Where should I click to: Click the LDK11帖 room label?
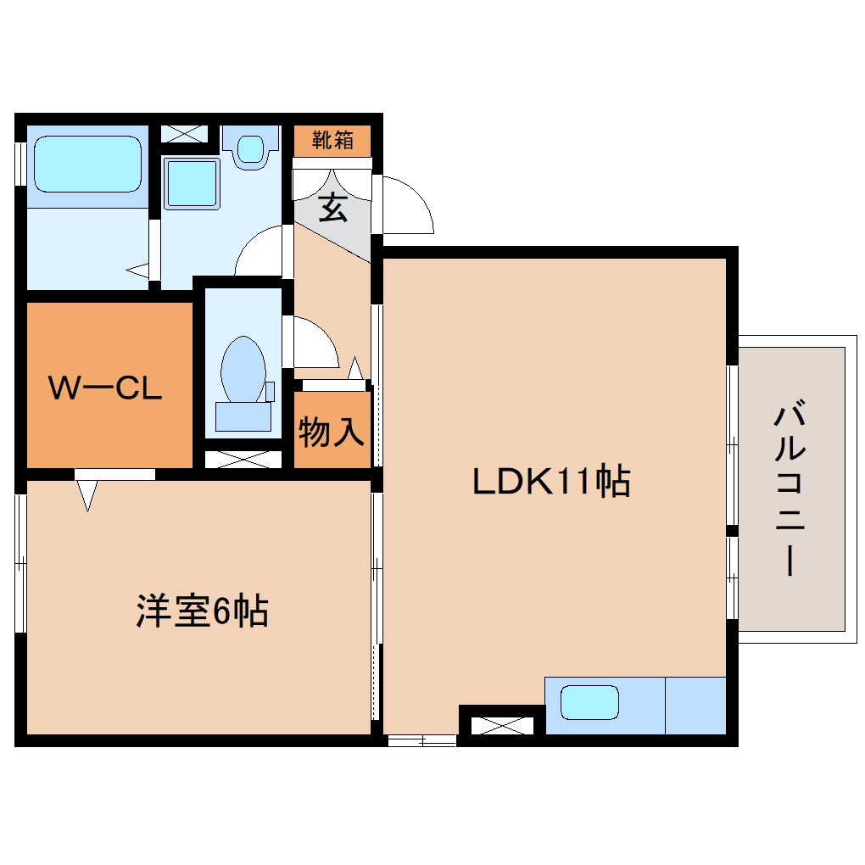click(550, 482)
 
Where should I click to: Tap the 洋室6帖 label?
click(202, 610)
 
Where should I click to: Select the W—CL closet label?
click(104, 388)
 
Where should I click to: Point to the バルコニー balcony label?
click(790, 491)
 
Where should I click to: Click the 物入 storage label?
click(332, 432)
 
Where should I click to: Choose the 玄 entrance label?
click(332, 208)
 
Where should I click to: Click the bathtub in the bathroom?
click(86, 164)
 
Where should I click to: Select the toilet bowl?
click(243, 371)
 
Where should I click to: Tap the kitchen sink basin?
click(590, 702)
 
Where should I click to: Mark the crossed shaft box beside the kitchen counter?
click(500, 725)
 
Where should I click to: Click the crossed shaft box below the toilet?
click(243, 459)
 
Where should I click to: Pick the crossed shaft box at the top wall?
click(184, 134)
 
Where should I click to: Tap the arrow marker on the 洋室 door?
click(88, 494)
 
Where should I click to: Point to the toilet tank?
click(243, 416)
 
